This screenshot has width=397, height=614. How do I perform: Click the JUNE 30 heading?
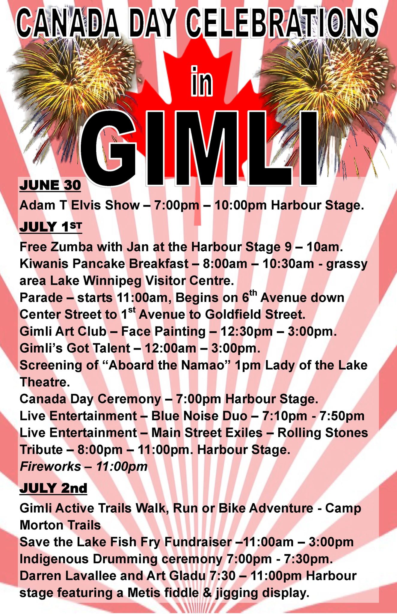pos(50,185)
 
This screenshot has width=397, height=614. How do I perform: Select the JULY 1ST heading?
pos(51,227)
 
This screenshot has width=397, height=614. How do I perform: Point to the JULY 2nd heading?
pos(53,488)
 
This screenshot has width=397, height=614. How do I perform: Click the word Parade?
pos(41,298)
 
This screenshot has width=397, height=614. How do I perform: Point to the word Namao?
pos(208,365)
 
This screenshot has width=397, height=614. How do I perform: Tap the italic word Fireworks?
pos(50,466)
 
